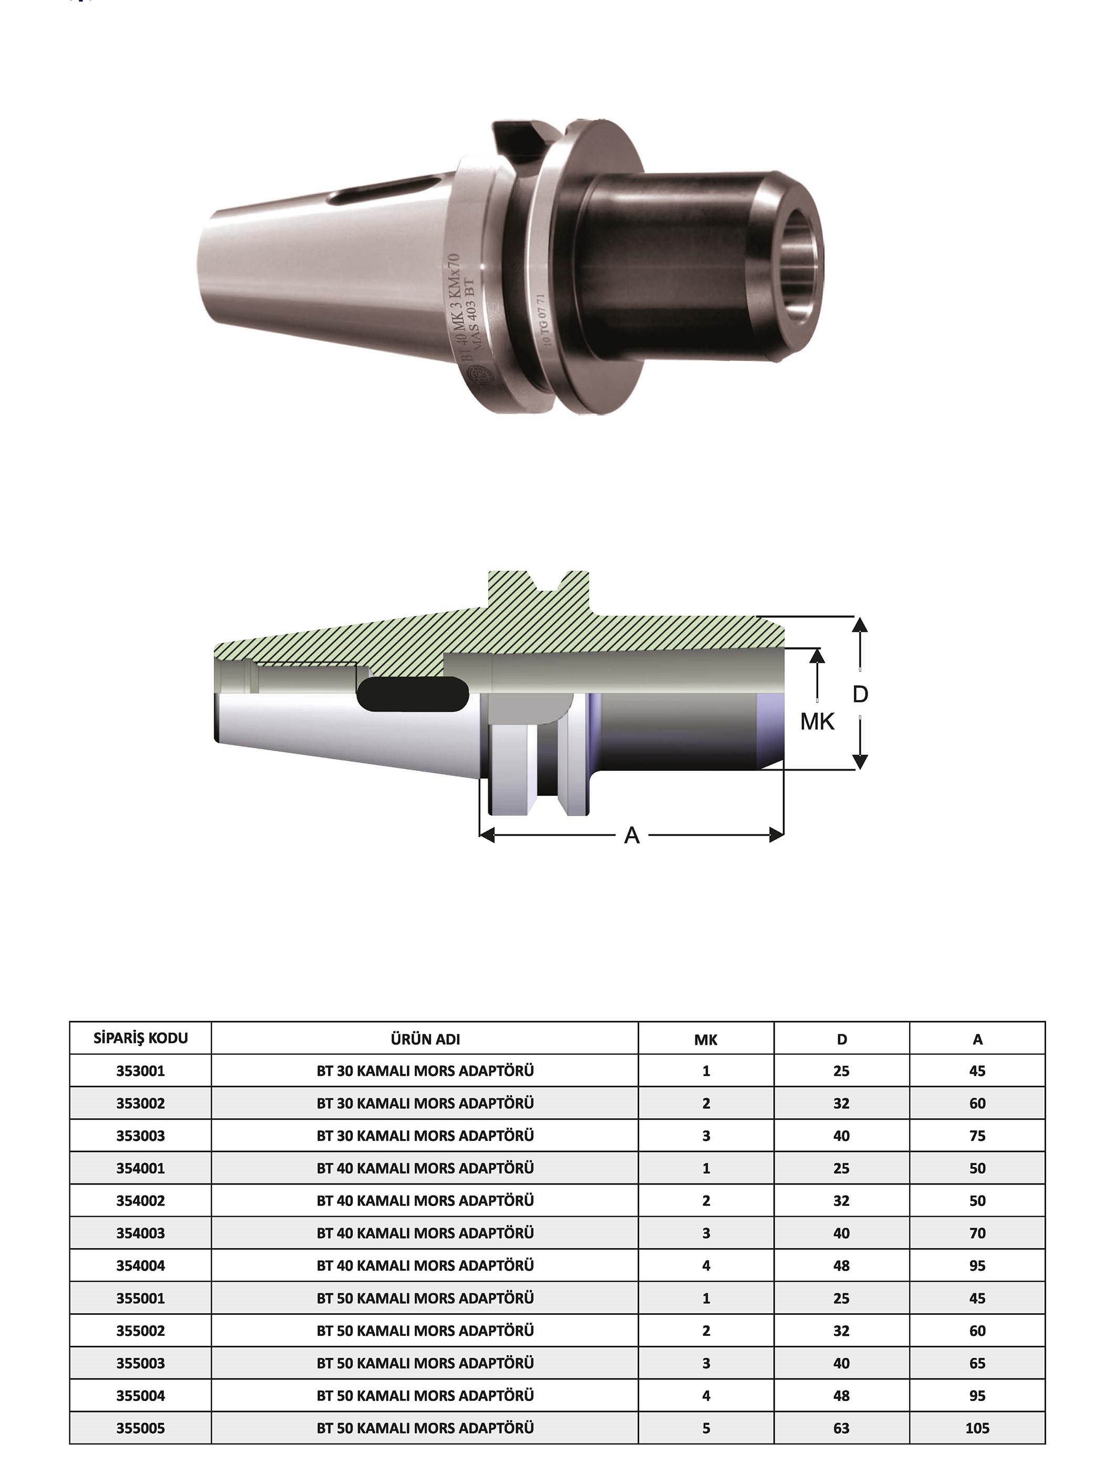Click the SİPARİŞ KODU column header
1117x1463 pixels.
click(140, 1039)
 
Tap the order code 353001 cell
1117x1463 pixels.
click(140, 1071)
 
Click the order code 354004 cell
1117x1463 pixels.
click(140, 1265)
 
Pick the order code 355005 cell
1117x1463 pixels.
click(140, 1428)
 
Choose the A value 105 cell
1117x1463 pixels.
click(977, 1428)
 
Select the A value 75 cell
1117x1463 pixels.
click(977, 1136)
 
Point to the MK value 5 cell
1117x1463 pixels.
click(706, 1428)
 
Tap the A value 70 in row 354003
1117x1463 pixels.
click(977, 1233)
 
